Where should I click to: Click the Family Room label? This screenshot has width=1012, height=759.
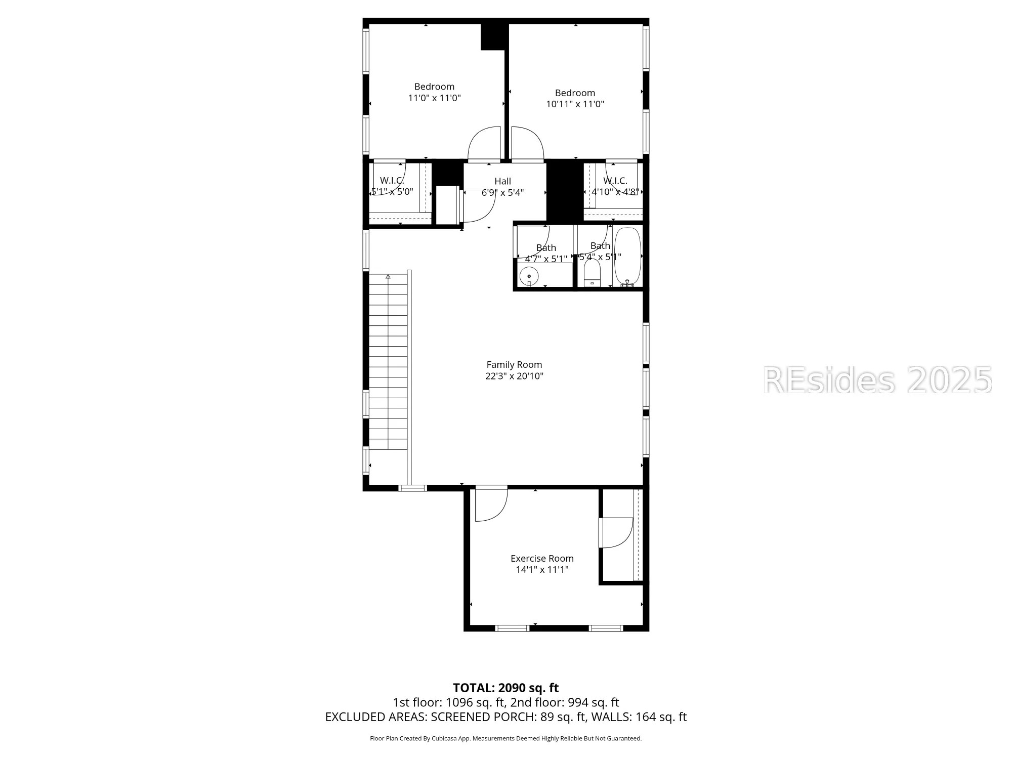coord(514,365)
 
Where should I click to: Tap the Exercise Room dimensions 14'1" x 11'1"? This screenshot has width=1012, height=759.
coord(542,570)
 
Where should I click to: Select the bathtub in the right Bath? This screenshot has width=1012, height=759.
coord(627,257)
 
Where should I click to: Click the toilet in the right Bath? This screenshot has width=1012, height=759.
coord(592,274)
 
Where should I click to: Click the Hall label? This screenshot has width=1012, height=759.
coord(502,181)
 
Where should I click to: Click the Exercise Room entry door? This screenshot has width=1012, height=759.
coord(491,503)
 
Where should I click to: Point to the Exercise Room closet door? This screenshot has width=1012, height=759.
coord(617,533)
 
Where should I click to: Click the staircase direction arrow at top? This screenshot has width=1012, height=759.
coord(388,277)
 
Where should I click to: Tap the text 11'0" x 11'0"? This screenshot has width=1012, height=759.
coord(434,98)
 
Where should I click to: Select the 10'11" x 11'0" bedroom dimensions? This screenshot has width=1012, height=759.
coord(575,104)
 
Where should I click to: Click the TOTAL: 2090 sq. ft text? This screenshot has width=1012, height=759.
coord(505,688)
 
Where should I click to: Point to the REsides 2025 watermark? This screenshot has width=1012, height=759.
coord(877,381)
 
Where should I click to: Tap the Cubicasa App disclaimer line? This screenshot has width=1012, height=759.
coord(505,739)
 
